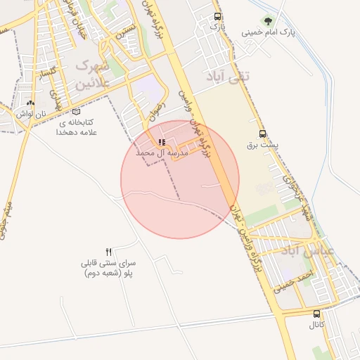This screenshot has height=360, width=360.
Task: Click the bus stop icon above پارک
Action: coord(217,15)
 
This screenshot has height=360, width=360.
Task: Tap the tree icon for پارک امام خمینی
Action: coord(268,20)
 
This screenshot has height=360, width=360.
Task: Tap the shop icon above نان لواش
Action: coord(32,103)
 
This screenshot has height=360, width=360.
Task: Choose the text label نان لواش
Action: coord(32,113)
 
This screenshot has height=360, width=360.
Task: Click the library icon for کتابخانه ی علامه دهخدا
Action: coord(76,111)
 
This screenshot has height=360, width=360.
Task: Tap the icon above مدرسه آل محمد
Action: coord(162,142)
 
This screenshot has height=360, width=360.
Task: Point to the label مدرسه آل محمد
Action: coord(162,153)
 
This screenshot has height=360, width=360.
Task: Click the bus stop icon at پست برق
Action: coord(263,134)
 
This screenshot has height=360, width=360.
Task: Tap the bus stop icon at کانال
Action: coord(317,314)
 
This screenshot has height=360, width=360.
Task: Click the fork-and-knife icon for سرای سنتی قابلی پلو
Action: coord(108,252)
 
